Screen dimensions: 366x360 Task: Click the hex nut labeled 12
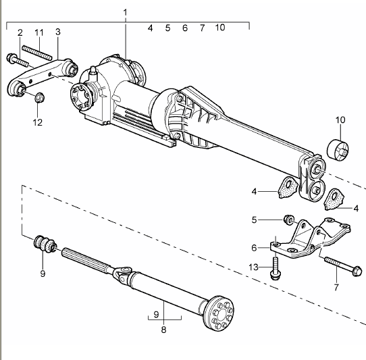click(x=40, y=97)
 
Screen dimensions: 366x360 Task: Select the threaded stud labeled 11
click(x=37, y=53)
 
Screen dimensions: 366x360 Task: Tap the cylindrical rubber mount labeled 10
click(x=338, y=150)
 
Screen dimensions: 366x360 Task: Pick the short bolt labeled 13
click(x=276, y=267)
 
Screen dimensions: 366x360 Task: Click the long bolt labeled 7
click(x=343, y=265)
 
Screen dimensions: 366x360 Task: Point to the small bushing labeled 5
click(x=288, y=220)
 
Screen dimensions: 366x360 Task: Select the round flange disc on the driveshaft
click(x=219, y=312)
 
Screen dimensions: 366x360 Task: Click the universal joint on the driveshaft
click(x=122, y=273)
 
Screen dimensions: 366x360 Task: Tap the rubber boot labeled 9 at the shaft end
click(x=45, y=245)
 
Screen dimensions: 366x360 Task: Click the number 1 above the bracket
click(x=126, y=12)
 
